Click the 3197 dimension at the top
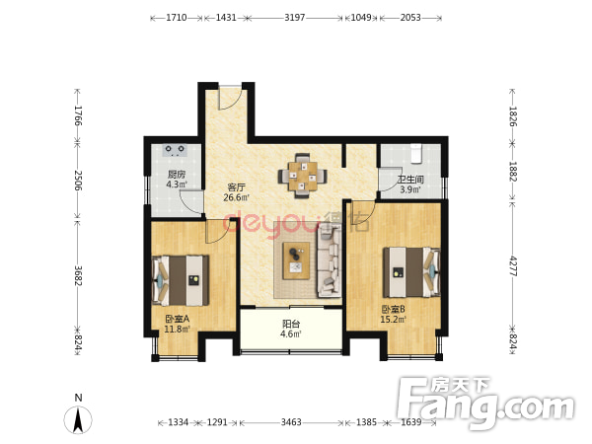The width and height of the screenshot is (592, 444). click(x=294, y=18)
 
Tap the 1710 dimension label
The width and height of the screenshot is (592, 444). click(x=177, y=18)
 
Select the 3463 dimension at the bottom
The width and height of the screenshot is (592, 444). click(x=291, y=421)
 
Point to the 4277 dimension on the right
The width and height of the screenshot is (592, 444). click(x=513, y=266)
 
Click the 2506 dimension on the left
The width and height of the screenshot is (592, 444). click(x=78, y=181)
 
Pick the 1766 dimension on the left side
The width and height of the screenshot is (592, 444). click(x=78, y=115)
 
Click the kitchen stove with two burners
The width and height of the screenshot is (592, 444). click(x=175, y=150)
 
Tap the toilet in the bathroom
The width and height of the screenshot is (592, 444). click(x=415, y=153)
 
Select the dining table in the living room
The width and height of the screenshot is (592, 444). click(x=302, y=176)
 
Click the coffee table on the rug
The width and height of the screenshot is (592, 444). click(x=296, y=260)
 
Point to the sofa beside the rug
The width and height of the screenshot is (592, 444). click(x=330, y=262)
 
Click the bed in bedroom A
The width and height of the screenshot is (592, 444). click(x=181, y=280)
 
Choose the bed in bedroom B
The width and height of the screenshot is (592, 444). click(x=411, y=272)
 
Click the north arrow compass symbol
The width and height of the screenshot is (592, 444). click(x=78, y=419)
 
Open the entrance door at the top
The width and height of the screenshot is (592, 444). click(x=230, y=99)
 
